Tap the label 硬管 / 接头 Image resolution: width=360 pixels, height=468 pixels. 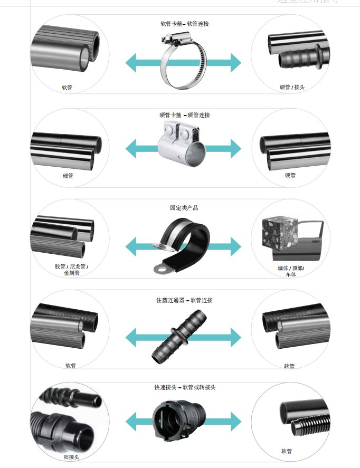coord(292,87)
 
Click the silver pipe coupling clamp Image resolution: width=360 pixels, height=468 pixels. coord(181,145)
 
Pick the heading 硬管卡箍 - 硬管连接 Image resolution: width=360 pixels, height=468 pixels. coord(184,115)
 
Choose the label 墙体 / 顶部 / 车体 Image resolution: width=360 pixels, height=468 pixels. coord(291,271)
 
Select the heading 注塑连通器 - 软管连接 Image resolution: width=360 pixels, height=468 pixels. coord(184,300)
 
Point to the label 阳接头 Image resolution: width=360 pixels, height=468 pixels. coord(71,457)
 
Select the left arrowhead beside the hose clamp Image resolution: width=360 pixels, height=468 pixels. coord(132,63)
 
